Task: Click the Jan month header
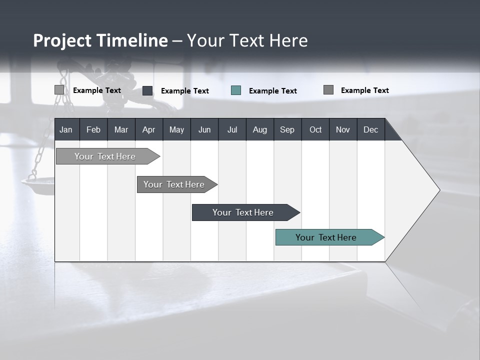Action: [x=66, y=129]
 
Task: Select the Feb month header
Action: [x=93, y=129]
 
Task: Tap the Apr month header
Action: [x=148, y=129]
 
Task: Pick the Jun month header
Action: [x=204, y=129]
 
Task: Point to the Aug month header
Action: [x=259, y=129]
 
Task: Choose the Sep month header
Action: [x=287, y=129]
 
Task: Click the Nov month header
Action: [x=343, y=129]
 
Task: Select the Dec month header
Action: [x=370, y=129]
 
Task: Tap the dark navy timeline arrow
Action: [x=243, y=212]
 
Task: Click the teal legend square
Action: [x=236, y=90]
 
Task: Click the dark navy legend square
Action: [x=147, y=90]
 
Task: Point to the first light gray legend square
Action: [x=59, y=90]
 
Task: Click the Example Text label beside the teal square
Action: [x=272, y=91]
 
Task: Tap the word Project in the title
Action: [x=62, y=40]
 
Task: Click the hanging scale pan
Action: [x=38, y=185]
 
